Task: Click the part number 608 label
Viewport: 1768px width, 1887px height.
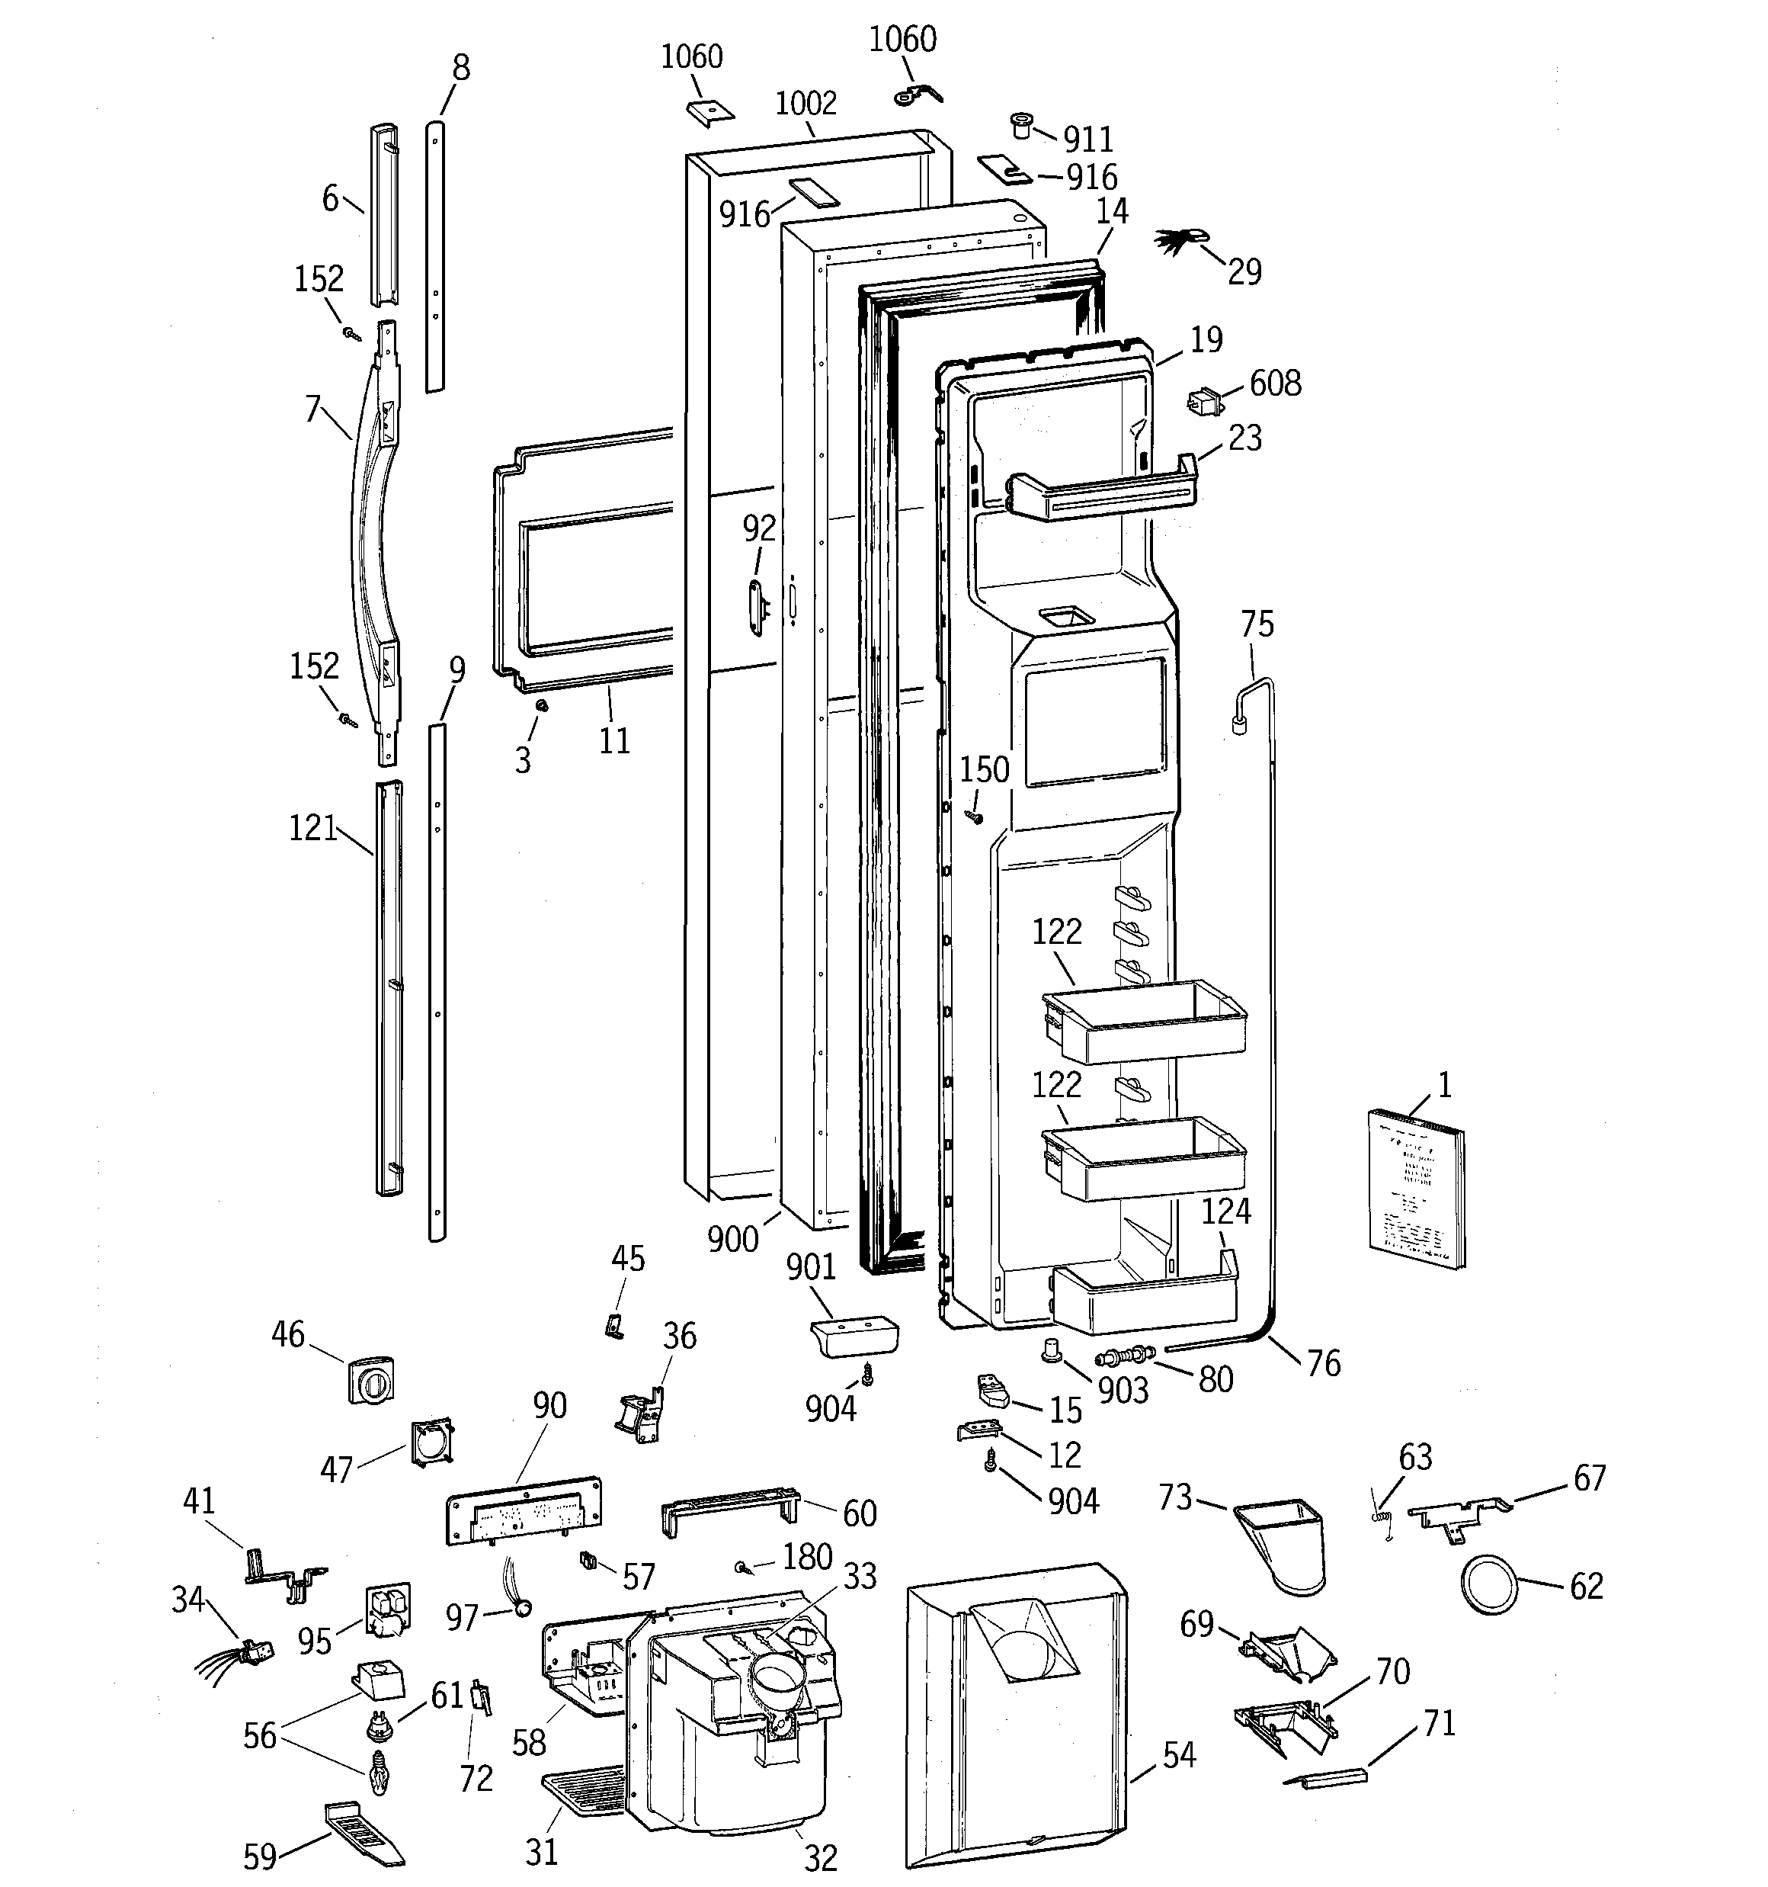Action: [1274, 383]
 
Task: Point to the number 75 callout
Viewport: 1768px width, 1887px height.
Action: [1257, 624]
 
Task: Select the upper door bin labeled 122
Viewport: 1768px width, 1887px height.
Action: [1144, 1026]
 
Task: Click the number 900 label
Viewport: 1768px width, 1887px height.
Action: [732, 1239]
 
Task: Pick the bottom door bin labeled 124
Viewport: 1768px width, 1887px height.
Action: [1146, 1298]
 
